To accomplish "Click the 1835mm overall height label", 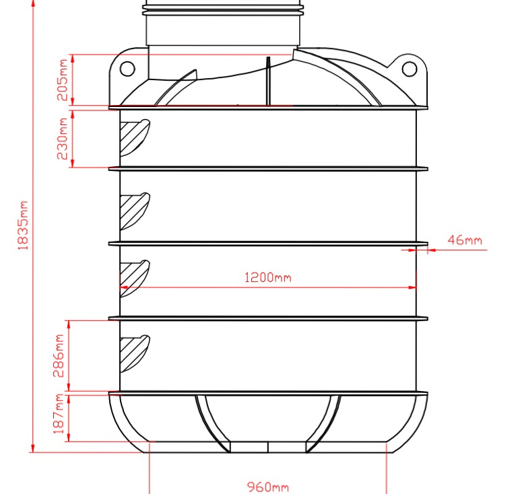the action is tap(23, 225).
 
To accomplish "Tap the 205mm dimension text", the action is tap(62, 79).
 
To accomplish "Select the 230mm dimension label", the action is tap(62, 139).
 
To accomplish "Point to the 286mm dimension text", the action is tap(59, 356).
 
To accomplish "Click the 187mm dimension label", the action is tap(59, 414).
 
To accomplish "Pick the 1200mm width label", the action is tap(268, 278).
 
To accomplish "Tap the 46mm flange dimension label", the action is tap(465, 240).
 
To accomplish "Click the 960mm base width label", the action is tap(268, 487).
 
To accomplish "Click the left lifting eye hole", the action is tap(127, 69).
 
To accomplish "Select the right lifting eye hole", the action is tap(409, 69).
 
